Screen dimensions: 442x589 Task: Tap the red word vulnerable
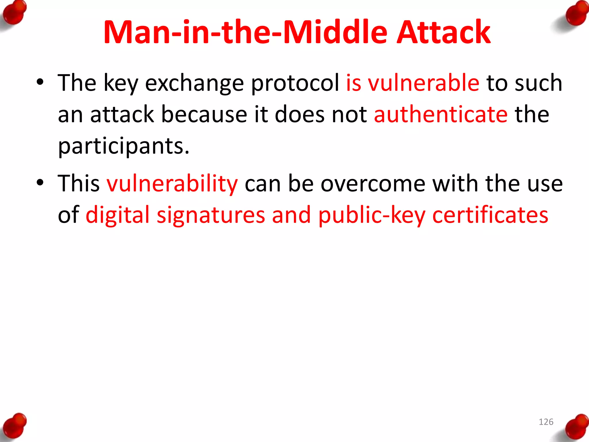[424, 83]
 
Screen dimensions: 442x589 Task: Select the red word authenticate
[441, 115]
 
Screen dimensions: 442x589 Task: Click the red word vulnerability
[172, 184]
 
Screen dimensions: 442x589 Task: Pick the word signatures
[211, 215]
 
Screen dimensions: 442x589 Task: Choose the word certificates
[490, 215]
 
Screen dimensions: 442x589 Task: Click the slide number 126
[546, 422]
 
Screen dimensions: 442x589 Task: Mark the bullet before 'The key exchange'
[40, 83]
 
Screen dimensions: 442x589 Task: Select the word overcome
[373, 184]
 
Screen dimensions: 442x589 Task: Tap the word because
[204, 115]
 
